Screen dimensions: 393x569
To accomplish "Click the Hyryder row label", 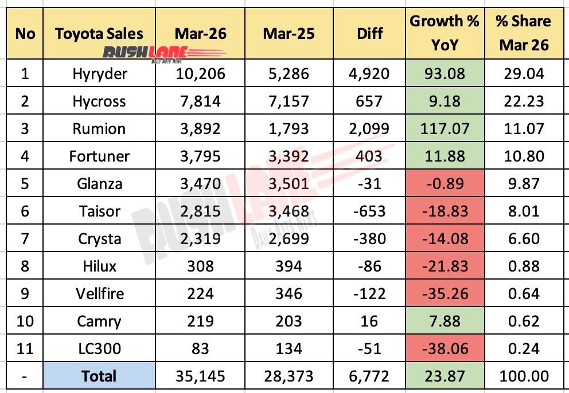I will (x=99, y=73).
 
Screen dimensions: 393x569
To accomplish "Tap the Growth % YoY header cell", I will (x=445, y=33).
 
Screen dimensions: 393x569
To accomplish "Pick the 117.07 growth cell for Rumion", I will (x=445, y=128).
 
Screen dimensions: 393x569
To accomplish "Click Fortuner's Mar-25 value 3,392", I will (x=289, y=156).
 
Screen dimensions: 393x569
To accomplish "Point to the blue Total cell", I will (x=99, y=376).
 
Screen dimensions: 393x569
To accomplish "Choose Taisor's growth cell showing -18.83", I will (x=445, y=211).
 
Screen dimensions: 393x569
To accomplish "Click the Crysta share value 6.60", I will (x=524, y=238).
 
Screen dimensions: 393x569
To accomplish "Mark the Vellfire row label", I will (x=99, y=293).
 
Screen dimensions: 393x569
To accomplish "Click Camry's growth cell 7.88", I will (x=445, y=321).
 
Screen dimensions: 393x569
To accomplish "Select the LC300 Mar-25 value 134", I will (x=289, y=348).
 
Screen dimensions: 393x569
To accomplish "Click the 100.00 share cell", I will (x=524, y=376).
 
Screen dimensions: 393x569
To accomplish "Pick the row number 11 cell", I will (x=25, y=348).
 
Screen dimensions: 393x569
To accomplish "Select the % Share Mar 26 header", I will (x=524, y=33).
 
